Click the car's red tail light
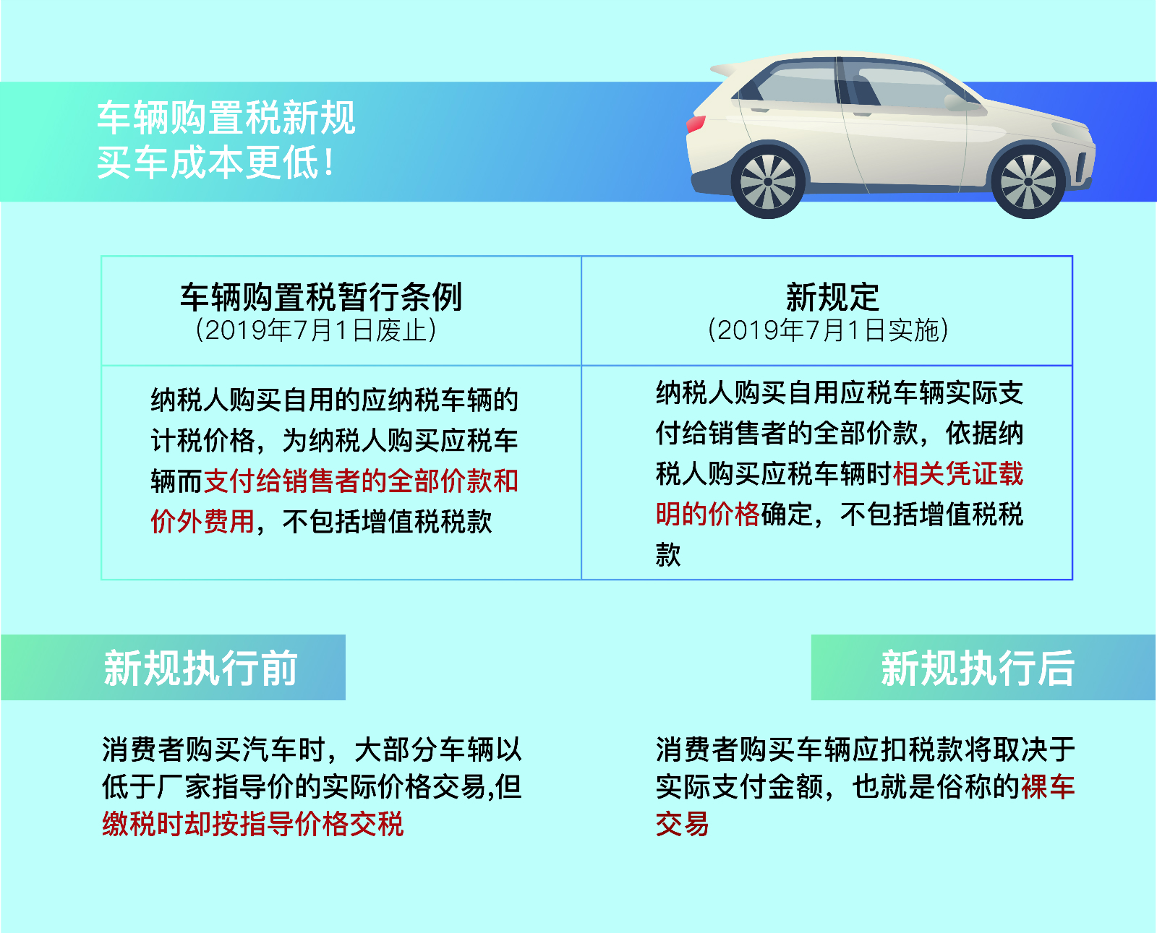tap(696, 124)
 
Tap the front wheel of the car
tap(1028, 181)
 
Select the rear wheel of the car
tap(768, 181)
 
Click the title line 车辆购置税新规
tap(226, 118)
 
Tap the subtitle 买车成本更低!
tap(215, 163)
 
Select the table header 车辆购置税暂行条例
tap(321, 297)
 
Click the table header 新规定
tap(832, 297)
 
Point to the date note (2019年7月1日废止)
tap(315, 330)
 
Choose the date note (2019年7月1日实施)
tap(828, 330)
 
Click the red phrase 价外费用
tap(202, 521)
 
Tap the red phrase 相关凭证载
tap(957, 474)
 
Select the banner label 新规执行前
tap(200, 668)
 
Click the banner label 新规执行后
tap(978, 668)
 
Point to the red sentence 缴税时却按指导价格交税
tap(252, 823)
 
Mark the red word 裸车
tap(1048, 787)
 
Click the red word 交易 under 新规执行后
tap(682, 823)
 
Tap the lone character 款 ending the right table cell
tap(668, 554)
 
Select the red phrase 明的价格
tap(707, 515)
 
